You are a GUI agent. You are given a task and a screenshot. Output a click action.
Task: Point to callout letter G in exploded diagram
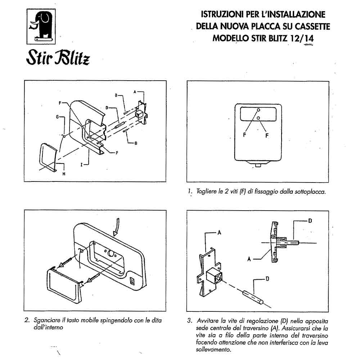pos(58,117)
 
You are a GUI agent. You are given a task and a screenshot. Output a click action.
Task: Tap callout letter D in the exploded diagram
pos(107,107)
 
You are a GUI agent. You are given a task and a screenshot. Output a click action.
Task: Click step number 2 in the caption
pos(27,320)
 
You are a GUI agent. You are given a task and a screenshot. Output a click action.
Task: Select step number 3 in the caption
pos(190,320)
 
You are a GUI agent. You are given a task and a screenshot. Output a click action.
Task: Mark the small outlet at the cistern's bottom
pos(258,165)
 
